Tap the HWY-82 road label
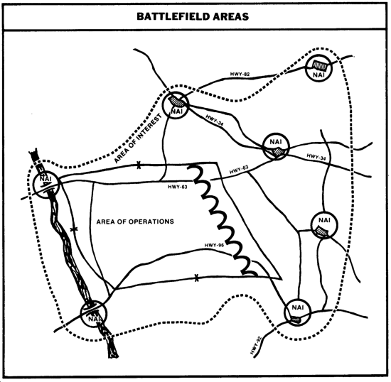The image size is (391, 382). pos(240,75)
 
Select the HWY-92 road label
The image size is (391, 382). pos(256,346)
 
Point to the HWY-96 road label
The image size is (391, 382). pos(214,245)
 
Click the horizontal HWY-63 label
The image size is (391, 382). pos(178,187)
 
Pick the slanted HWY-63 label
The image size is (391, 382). pos(239,170)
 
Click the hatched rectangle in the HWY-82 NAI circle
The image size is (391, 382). pos(320,65)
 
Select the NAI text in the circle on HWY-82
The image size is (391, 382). pos(319,75)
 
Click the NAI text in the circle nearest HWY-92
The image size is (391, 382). pos(298,307)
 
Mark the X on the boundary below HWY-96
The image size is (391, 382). pos(196,278)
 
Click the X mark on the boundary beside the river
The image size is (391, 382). pos(73,229)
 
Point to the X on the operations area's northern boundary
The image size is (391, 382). pos(139,165)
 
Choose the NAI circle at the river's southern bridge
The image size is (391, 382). pos(94,313)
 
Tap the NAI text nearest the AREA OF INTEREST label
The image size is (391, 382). pos(177,111)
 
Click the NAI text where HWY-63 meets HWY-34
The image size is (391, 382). pos(276,142)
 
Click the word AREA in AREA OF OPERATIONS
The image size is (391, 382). pos(105,222)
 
